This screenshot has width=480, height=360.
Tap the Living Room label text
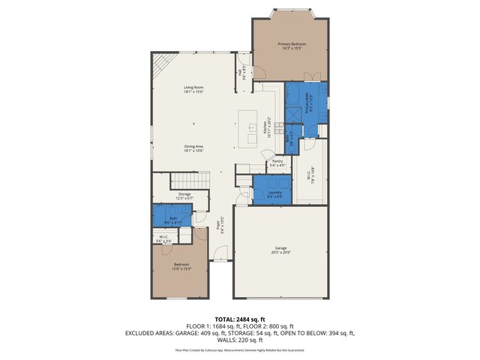194,89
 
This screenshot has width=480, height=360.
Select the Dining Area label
194,148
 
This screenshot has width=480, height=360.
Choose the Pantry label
277,162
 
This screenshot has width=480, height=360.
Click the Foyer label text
220,224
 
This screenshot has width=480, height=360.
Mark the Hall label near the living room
241,73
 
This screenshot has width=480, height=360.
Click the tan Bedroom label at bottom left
182,266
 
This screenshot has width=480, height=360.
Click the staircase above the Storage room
190,180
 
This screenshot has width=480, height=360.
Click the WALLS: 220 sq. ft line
240,339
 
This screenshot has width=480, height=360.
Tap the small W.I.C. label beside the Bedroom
163,239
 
